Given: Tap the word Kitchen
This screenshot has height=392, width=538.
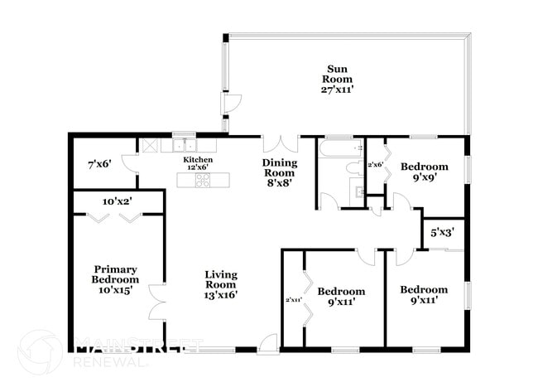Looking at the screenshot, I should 199,159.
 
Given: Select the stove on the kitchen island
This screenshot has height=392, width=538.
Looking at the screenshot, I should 202,179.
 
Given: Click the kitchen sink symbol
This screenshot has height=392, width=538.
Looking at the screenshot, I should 184,144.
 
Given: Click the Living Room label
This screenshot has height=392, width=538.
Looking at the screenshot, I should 221,279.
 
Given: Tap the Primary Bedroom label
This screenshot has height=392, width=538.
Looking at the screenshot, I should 115,273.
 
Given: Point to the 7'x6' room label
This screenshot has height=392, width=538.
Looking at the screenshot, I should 99,164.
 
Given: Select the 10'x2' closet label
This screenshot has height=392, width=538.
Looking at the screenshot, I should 117,201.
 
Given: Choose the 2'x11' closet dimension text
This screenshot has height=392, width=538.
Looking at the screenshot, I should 293,300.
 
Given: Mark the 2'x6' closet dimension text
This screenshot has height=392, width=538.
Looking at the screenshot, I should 375,164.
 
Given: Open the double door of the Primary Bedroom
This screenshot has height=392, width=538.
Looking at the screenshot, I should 156,302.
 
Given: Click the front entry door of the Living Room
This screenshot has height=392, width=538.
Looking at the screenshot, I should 267,344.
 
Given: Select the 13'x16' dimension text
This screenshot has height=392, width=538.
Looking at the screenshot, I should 221,295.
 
